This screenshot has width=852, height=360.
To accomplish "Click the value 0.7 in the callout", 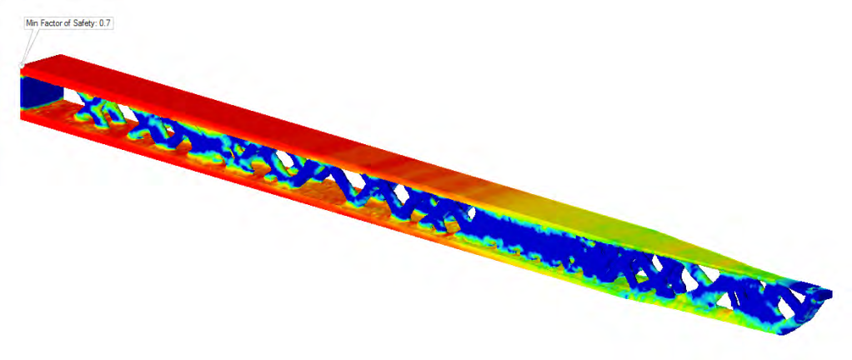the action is (104, 24).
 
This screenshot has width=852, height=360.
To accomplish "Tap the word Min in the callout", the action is (32, 24).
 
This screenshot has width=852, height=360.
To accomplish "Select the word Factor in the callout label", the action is (49, 24).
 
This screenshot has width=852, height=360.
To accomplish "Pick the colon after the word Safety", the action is (97, 25).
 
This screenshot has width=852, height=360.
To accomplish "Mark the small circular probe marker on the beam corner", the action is (22, 66).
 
